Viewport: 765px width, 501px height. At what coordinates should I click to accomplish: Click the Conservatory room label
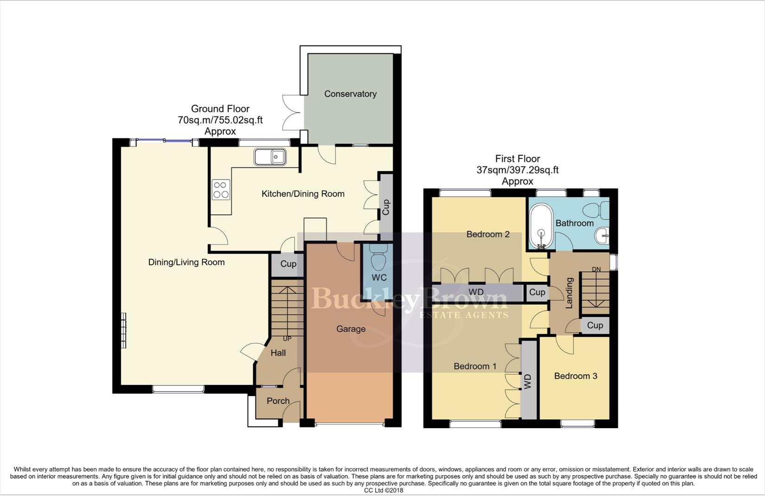click(350, 94)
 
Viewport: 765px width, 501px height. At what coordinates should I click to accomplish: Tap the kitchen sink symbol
click(270, 157)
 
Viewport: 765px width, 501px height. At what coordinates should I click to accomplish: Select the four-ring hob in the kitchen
click(221, 190)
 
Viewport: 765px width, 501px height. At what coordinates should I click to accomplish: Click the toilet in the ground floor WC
click(379, 257)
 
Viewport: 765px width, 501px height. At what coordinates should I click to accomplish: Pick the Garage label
click(351, 329)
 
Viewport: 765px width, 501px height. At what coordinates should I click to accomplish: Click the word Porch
click(278, 401)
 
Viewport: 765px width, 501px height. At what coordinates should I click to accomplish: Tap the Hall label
click(278, 353)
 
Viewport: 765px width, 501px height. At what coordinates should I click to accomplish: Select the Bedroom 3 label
click(575, 376)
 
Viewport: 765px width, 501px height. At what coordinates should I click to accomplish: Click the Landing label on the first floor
click(569, 293)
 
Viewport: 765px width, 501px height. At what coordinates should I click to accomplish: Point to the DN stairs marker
click(596, 269)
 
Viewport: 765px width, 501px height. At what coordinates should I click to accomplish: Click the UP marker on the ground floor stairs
click(287, 339)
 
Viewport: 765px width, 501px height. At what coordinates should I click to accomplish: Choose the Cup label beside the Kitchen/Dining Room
click(386, 207)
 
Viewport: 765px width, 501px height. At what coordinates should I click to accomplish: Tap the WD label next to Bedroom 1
click(527, 381)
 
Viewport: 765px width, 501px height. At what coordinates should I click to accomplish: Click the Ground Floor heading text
click(220, 109)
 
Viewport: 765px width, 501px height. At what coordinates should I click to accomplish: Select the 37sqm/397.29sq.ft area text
click(517, 170)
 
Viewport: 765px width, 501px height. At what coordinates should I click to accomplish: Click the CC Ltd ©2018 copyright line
click(383, 490)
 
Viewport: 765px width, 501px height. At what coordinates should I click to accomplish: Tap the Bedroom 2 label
click(488, 234)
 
